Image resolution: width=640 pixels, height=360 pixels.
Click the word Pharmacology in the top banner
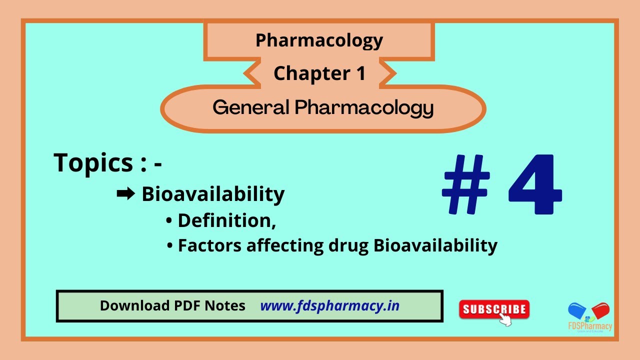319,40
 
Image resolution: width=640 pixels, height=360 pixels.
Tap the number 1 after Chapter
360,73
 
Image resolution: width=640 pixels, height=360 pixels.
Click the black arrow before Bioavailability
125,194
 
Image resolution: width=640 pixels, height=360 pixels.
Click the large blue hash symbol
465,184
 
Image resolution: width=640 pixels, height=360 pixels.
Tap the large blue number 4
535,184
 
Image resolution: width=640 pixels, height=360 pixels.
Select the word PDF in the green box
184,305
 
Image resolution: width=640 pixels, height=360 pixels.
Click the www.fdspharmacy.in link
330,305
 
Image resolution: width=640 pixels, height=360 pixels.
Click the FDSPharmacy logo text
590,326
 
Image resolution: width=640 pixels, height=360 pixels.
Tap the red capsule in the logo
600,310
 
